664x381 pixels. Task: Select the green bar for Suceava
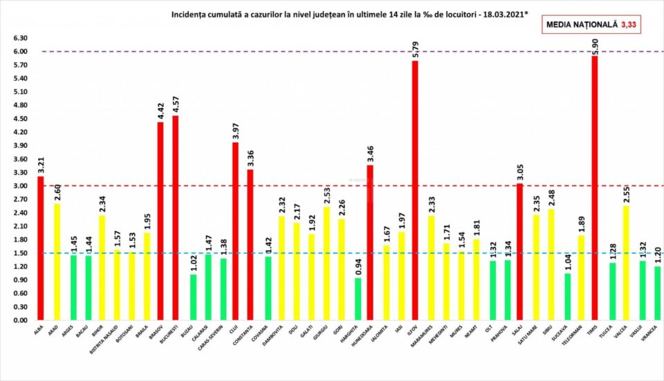point(567,297)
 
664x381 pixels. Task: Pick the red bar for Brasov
point(160,222)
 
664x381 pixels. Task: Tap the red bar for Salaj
point(519,252)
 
